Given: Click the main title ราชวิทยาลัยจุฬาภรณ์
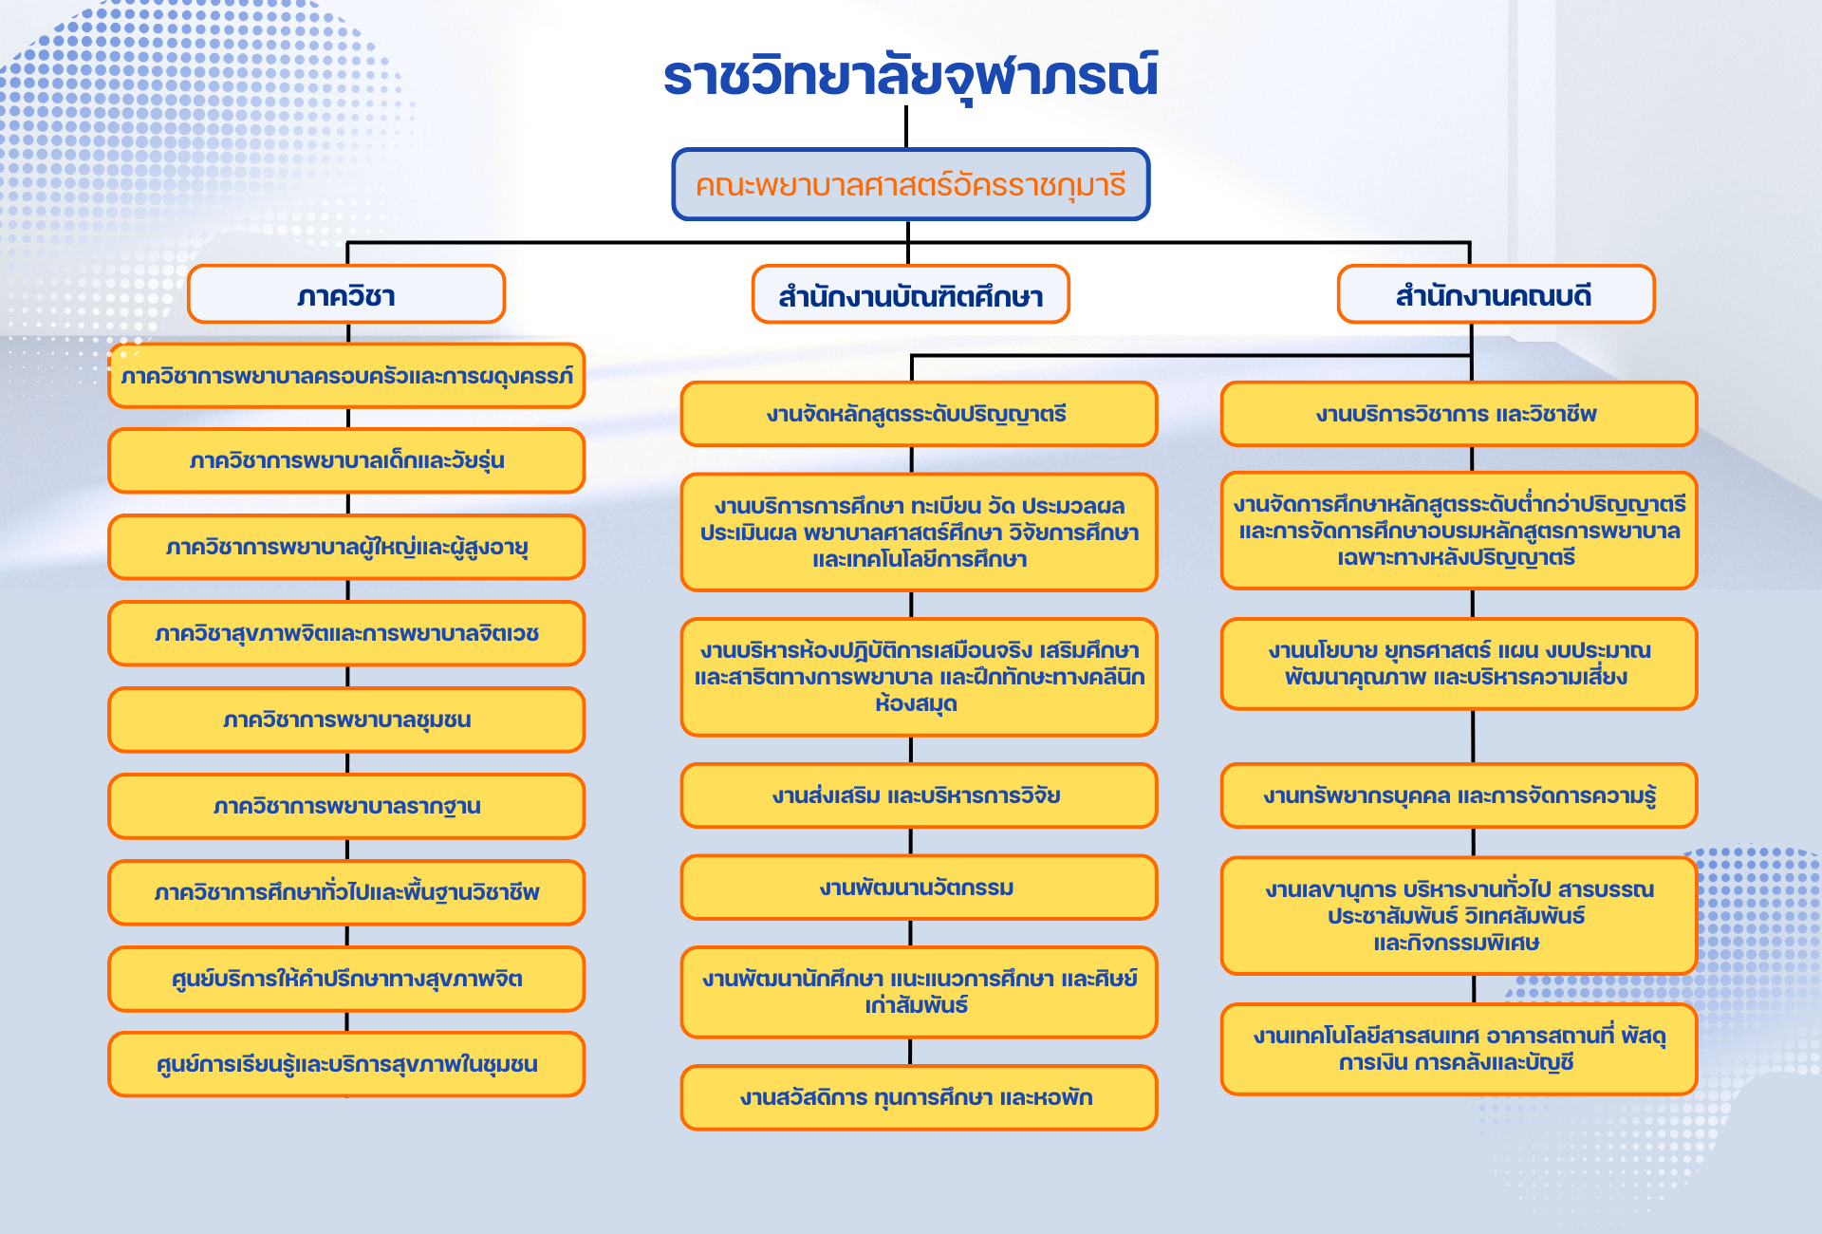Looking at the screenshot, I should (910, 76).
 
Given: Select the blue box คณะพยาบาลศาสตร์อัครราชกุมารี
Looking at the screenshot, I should (910, 184).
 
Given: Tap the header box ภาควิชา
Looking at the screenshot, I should (346, 295).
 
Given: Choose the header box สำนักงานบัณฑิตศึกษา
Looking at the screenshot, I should (910, 295).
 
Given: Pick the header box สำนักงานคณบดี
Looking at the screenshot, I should (1495, 295).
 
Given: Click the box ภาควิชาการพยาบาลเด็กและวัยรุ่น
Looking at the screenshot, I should (346, 461).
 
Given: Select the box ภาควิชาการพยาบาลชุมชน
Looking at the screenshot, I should (346, 720).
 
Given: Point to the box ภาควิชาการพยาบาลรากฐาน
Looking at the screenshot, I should (346, 807).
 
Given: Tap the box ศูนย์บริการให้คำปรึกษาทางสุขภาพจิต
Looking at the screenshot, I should (346, 979).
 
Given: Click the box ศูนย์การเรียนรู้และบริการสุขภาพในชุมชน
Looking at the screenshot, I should (346, 1065).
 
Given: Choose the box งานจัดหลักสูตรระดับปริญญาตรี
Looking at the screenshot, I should (918, 414).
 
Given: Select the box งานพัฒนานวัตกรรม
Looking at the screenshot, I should (918, 888).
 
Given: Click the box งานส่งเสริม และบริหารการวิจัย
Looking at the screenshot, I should (918, 795).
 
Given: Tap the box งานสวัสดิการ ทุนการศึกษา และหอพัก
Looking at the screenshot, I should (918, 1098).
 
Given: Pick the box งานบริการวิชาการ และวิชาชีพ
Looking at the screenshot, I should (1458, 414).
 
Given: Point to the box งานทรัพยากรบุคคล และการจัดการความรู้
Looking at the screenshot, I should (1458, 795).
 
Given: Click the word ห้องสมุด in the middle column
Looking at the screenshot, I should (916, 704).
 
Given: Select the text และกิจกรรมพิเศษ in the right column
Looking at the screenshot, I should (1457, 943).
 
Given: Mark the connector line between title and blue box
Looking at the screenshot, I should (906, 126).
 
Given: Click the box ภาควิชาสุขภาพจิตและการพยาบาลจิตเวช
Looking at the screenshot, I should (346, 634).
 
